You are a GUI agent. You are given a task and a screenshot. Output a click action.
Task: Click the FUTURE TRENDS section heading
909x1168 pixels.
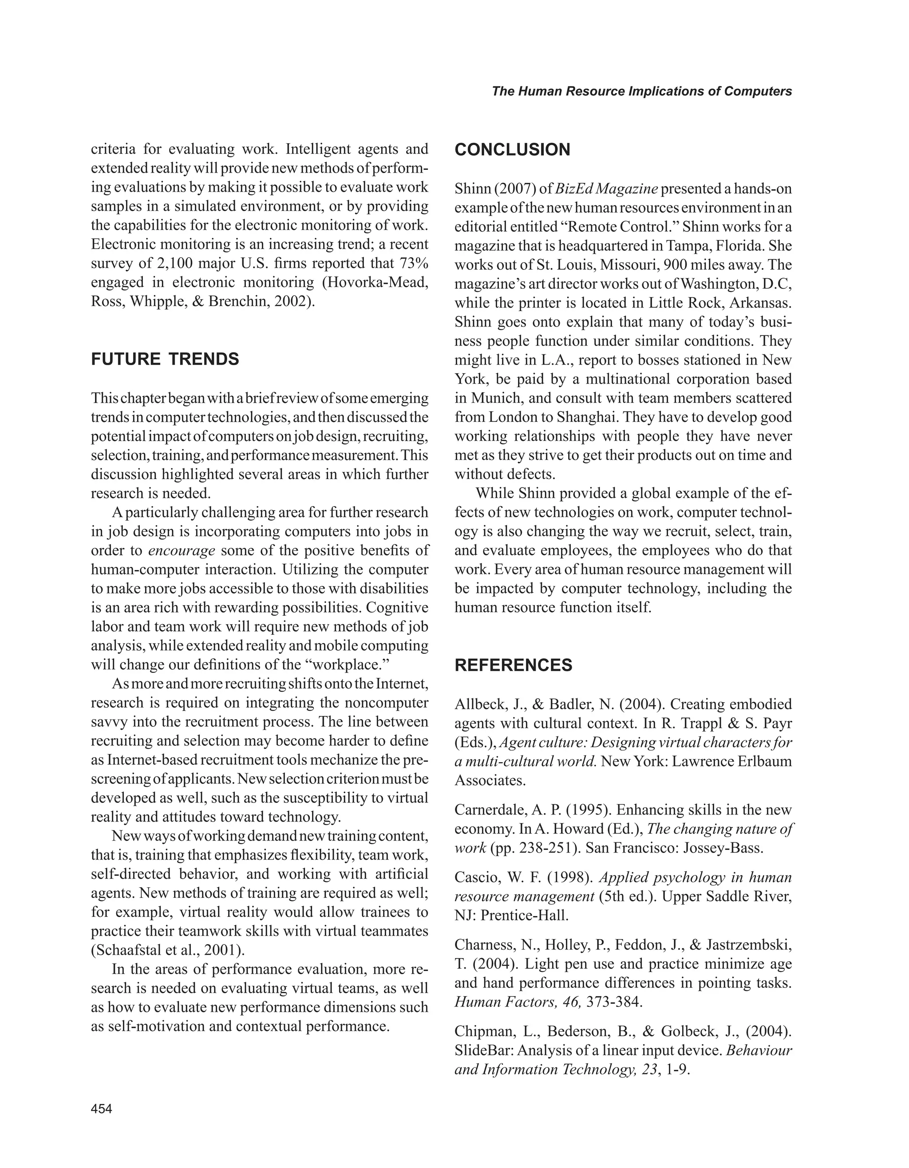165,359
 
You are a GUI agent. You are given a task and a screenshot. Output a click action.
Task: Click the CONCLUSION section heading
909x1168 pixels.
512,150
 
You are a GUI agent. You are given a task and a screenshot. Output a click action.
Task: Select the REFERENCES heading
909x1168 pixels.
513,665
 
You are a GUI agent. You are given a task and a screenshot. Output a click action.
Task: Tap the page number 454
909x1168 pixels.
102,1109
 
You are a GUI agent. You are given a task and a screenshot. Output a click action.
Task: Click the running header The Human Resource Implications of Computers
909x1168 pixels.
641,91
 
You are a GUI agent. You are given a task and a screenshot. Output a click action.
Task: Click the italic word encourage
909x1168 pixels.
182,551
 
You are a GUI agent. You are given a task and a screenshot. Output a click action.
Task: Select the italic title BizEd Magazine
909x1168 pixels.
606,189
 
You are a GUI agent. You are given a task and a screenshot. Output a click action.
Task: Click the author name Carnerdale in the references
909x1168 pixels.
489,810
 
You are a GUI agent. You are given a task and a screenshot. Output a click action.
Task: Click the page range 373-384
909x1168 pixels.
613,1002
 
